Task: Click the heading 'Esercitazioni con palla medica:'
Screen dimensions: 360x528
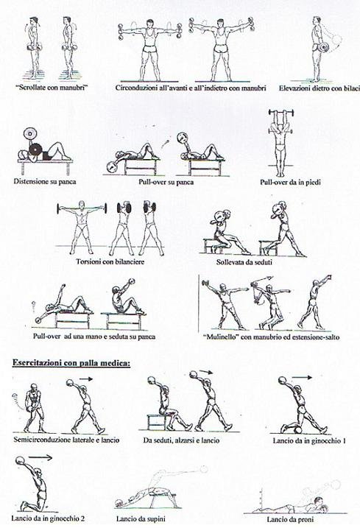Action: coord(71,363)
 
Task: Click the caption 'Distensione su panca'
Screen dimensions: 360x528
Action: coord(45,181)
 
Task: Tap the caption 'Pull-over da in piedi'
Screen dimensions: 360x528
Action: coord(290,182)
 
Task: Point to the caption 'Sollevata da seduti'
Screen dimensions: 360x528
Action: coord(244,262)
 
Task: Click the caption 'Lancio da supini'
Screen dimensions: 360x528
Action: coord(141,519)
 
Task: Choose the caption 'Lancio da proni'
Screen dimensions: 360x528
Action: coord(290,519)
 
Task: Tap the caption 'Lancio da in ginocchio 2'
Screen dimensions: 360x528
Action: coord(48,518)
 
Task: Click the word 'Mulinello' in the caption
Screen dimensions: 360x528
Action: coord(222,337)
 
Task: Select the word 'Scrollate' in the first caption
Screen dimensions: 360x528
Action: coord(31,88)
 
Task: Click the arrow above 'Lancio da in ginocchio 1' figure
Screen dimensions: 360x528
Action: coord(302,378)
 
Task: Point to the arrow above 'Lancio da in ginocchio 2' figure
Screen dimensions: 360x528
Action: coord(40,457)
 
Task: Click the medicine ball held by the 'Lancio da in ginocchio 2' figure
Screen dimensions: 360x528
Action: coord(20,460)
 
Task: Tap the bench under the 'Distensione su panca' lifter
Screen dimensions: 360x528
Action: coord(45,165)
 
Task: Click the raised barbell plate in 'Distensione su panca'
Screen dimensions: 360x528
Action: coord(29,134)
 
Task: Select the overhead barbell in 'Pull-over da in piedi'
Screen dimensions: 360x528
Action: coord(281,113)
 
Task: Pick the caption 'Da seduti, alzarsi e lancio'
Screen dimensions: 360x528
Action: coord(181,440)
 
